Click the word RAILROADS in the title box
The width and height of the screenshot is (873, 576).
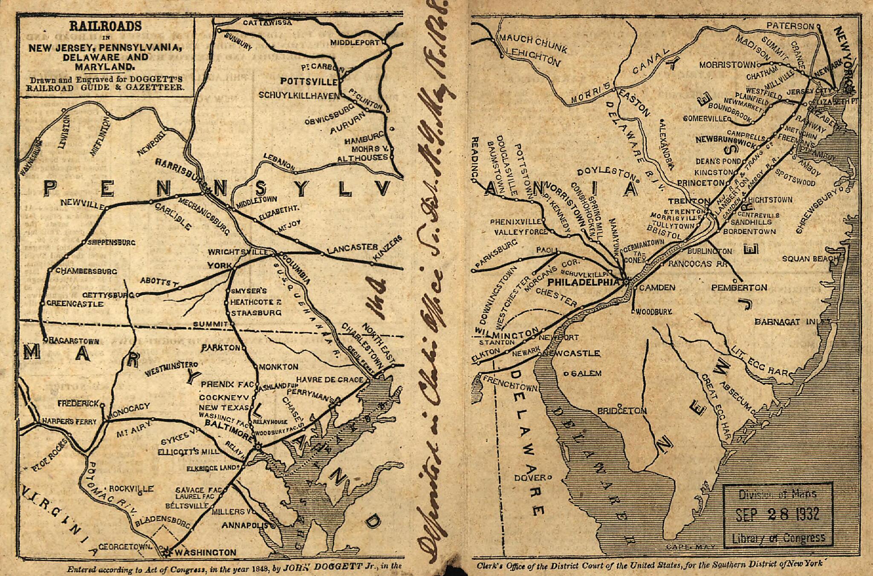(x=105, y=26)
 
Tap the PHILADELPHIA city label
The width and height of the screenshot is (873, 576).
(x=584, y=282)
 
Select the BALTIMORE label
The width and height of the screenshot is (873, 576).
(x=229, y=424)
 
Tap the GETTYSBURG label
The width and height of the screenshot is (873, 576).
(x=108, y=295)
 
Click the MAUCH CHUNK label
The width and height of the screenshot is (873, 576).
(x=533, y=44)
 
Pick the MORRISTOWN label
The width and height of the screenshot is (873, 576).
(x=727, y=65)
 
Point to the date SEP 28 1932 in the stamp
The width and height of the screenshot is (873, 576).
(x=778, y=514)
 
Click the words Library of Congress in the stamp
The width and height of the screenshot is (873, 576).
(x=778, y=538)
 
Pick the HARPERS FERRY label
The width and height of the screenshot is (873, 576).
(x=69, y=421)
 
